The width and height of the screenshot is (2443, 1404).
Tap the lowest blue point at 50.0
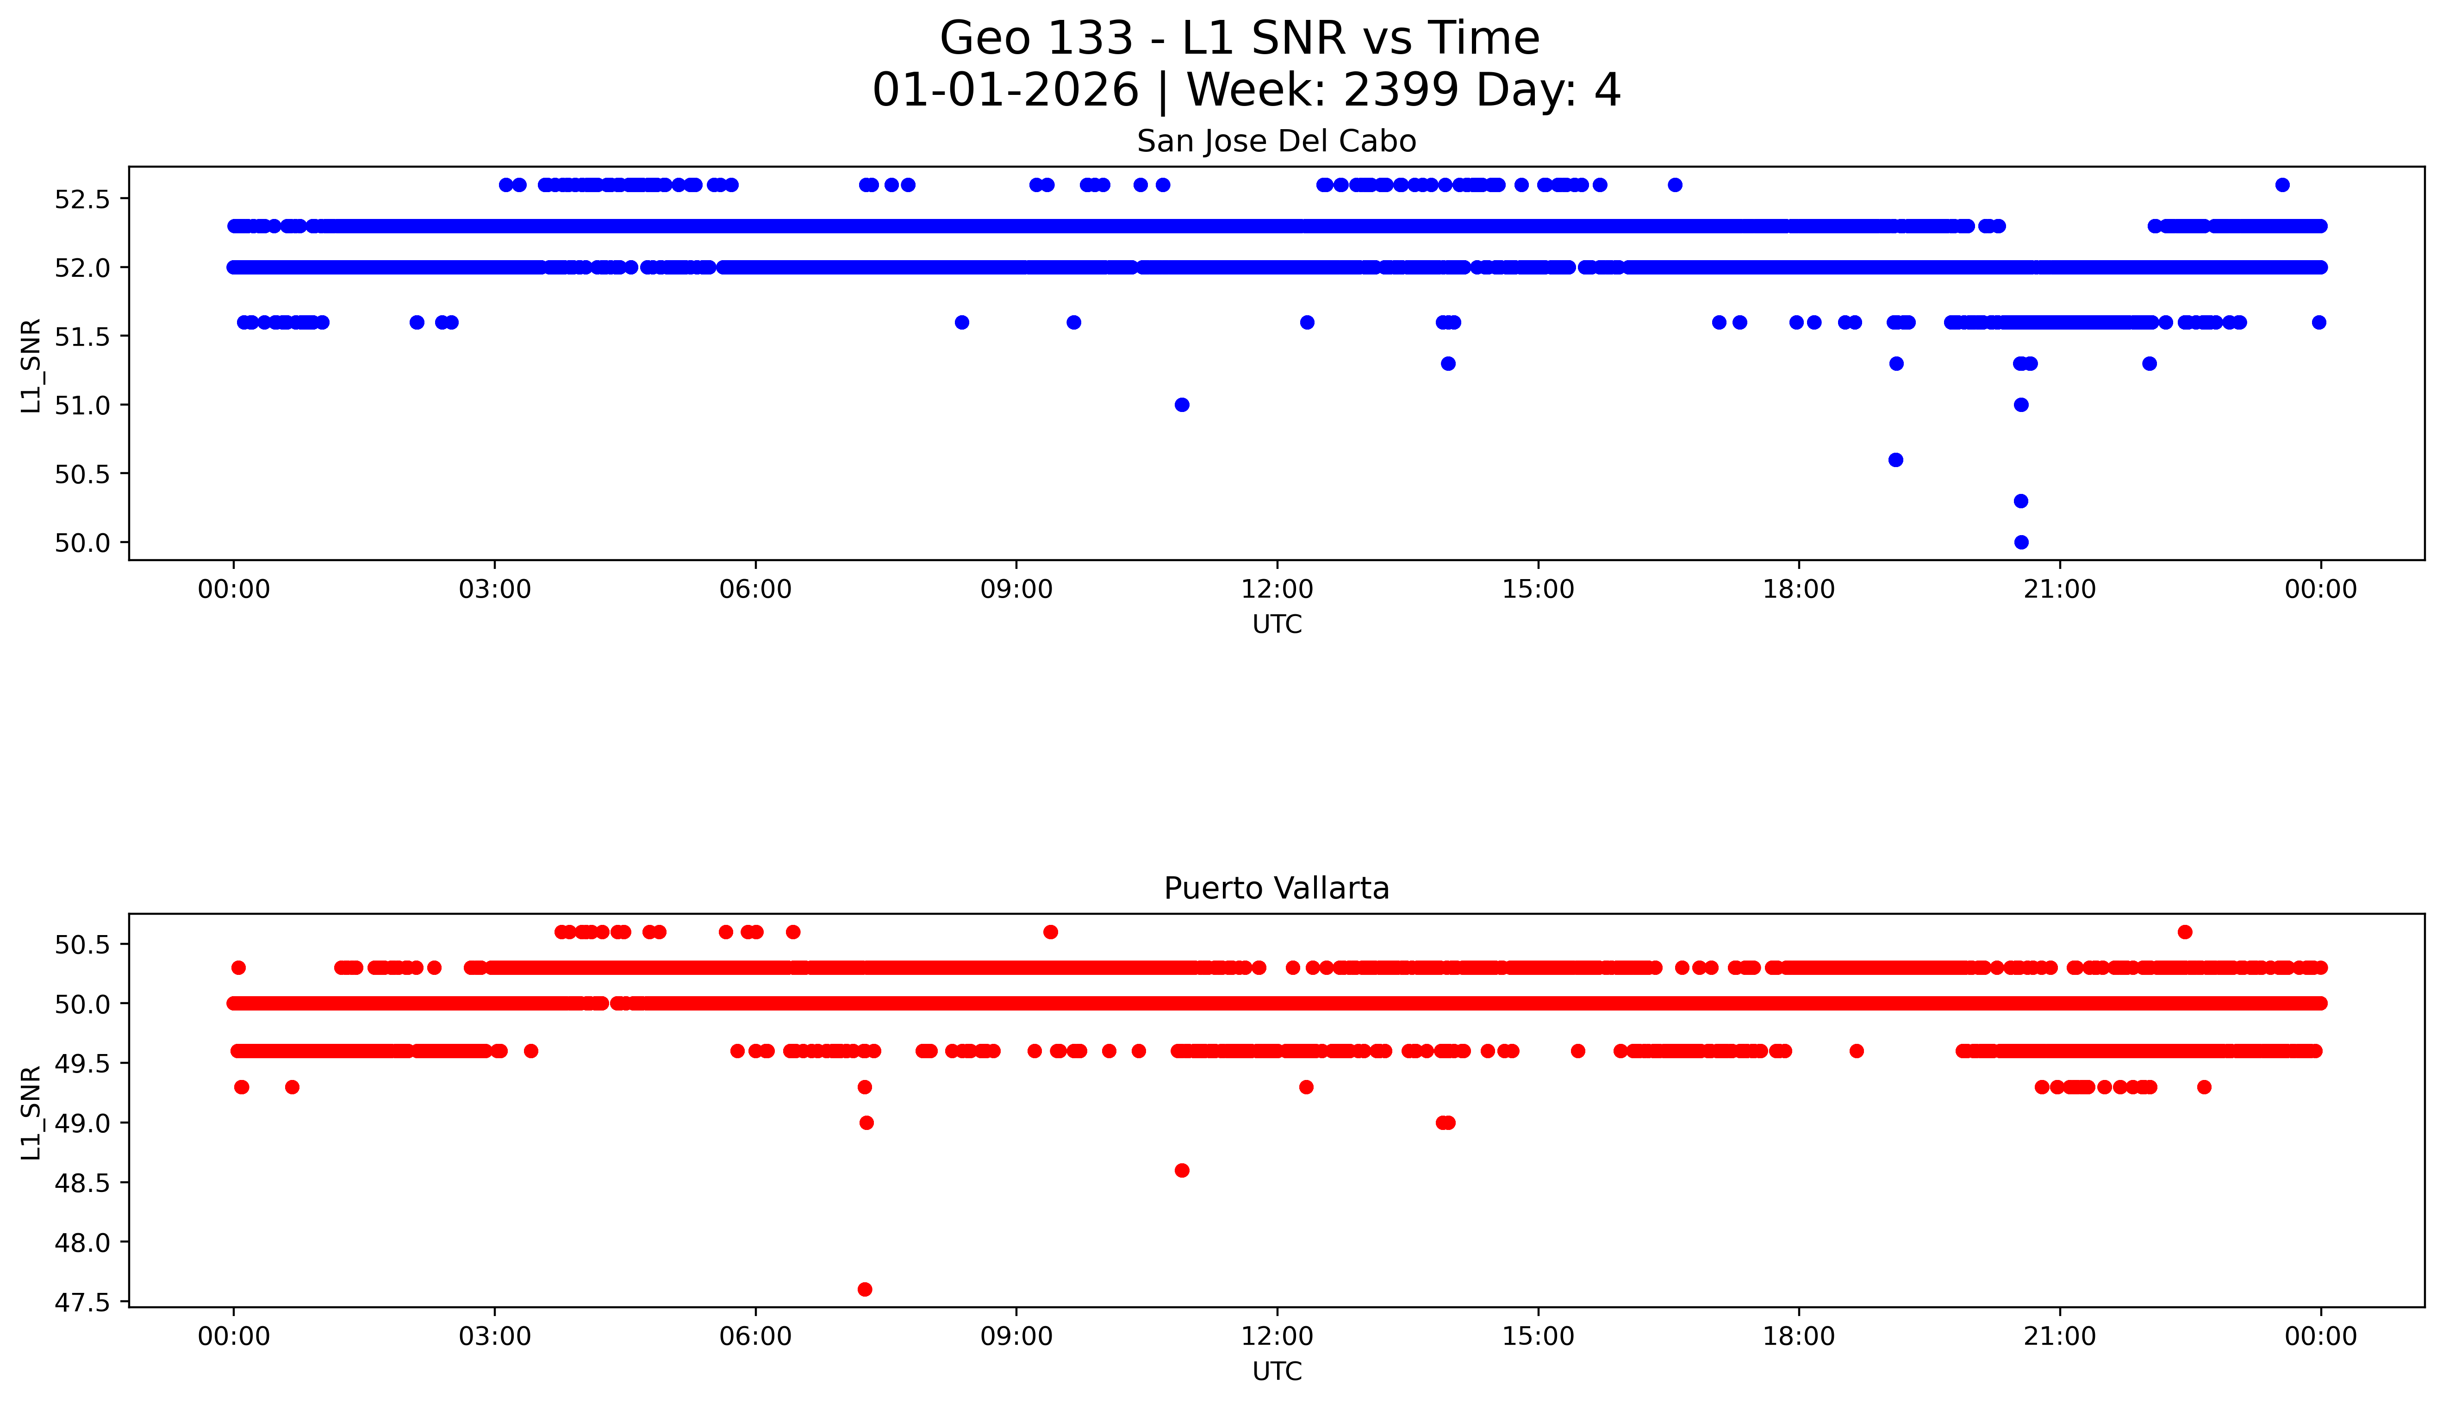[2021, 542]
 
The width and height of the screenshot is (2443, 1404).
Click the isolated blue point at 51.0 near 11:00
[1182, 405]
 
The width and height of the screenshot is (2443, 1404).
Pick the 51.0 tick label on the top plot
[83, 405]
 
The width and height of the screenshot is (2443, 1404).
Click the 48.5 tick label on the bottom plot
[83, 1183]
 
